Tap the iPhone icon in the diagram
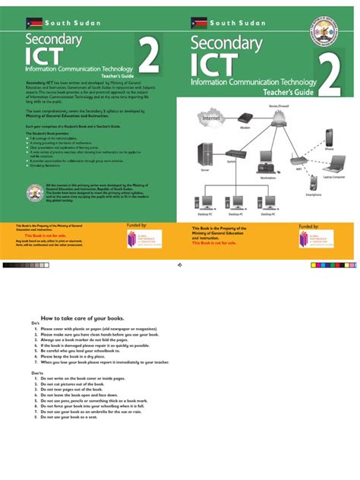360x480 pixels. (x=330, y=139)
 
